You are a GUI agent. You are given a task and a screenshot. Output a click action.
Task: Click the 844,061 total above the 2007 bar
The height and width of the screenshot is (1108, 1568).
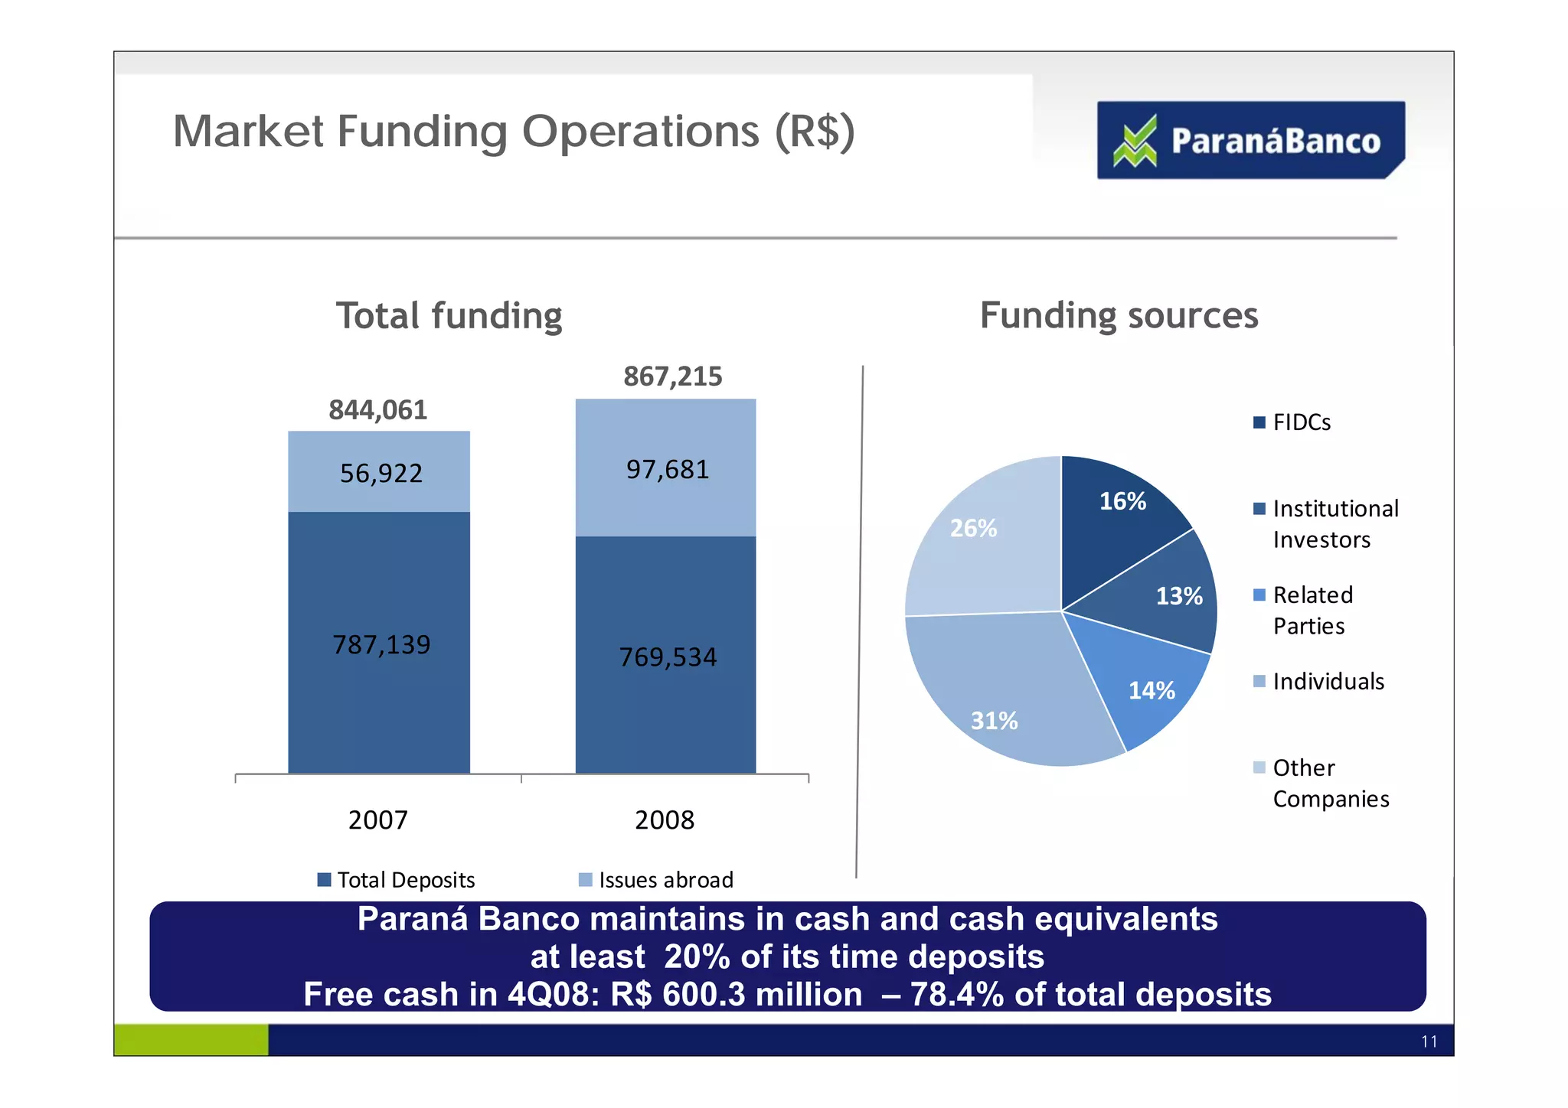tap(377, 410)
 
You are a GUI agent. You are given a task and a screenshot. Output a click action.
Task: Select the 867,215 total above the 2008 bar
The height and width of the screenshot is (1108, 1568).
tap(672, 376)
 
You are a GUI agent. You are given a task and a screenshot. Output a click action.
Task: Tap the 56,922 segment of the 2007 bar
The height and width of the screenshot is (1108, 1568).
tap(380, 473)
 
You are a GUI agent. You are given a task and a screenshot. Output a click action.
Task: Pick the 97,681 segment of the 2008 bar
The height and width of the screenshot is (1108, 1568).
tap(666, 469)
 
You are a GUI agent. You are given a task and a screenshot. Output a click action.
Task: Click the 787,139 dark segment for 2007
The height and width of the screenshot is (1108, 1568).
tap(380, 644)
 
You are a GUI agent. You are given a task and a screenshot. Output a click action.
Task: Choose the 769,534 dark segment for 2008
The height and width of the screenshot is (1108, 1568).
tap(666, 657)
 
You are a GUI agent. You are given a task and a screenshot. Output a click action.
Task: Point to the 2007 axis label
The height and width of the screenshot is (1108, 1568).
tap(377, 820)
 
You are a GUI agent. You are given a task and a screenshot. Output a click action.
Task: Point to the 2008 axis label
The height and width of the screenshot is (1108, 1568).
tap(664, 820)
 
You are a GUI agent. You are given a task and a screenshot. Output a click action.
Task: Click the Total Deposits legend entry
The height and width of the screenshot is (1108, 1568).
tap(397, 880)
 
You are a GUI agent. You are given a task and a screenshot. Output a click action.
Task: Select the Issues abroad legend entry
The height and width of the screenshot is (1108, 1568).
tap(657, 880)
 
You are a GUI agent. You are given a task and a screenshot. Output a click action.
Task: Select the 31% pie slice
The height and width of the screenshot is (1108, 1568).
tap(1003, 704)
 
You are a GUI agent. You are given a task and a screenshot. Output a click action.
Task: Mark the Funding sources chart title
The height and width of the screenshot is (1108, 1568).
tap(1119, 315)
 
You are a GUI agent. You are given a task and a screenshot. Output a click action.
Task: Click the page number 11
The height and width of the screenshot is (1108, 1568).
tap(1429, 1041)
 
